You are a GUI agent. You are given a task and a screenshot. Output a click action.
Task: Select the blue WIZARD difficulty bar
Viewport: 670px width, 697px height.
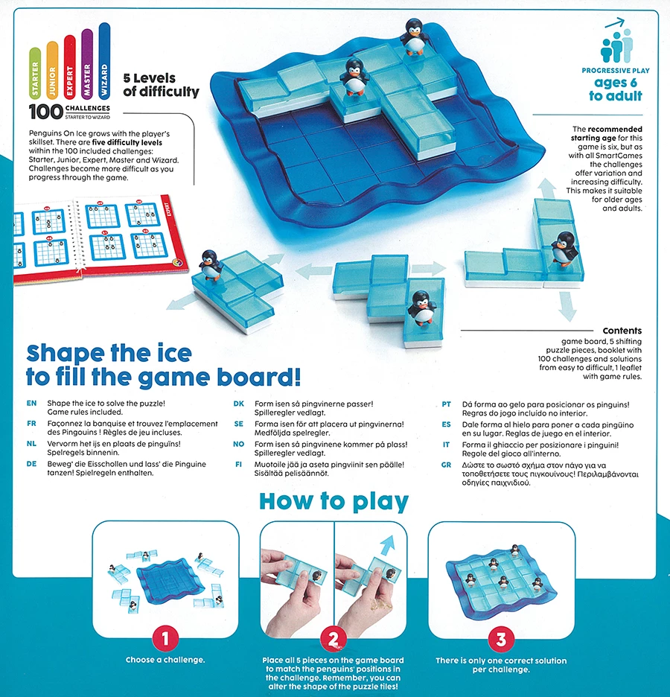click(x=104, y=60)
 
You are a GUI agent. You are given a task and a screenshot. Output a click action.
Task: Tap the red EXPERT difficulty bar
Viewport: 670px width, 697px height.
click(x=70, y=67)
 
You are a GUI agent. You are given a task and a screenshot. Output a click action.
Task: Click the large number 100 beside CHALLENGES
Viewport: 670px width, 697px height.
click(x=45, y=112)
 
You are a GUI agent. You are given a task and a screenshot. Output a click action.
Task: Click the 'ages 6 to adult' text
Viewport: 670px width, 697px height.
click(x=616, y=89)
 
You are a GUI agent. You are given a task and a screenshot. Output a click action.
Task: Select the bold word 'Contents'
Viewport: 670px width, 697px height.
click(x=622, y=331)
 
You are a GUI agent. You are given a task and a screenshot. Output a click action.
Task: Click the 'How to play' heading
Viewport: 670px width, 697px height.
click(x=334, y=501)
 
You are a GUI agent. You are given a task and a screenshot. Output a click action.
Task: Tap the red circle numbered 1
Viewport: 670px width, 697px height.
click(x=165, y=639)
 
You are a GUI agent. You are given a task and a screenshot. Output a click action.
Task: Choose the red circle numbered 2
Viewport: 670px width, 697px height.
click(x=334, y=639)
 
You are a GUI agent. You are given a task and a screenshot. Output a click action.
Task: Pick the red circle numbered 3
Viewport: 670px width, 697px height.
click(x=501, y=639)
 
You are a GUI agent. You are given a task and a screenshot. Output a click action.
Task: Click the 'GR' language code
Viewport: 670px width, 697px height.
click(x=446, y=465)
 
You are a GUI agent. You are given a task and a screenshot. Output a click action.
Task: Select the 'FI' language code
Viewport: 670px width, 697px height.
click(x=238, y=465)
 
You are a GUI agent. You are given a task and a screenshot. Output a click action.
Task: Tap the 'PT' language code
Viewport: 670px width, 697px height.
click(x=446, y=404)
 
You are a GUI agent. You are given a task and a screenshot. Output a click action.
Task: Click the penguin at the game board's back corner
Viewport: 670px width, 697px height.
click(x=414, y=36)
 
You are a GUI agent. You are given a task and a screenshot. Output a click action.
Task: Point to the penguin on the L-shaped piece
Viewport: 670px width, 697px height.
click(x=564, y=248)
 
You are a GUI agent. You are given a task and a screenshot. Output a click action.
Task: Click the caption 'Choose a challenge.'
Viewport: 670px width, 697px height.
click(x=165, y=660)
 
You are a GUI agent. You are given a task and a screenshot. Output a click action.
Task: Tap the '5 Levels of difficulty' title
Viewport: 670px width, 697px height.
click(x=162, y=84)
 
